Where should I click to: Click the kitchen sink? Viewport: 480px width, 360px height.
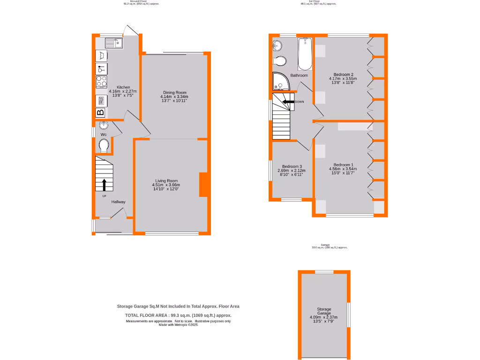pos(113,44)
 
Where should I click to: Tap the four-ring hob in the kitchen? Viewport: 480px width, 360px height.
pos(102,82)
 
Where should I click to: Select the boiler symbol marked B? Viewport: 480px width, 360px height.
pos(101,112)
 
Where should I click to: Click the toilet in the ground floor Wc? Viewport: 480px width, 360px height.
pos(104,145)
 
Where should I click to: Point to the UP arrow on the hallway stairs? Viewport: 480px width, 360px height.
pos(104,184)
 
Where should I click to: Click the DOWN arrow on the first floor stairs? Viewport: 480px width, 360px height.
pos(287,101)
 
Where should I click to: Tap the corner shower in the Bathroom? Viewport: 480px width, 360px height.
pos(280,82)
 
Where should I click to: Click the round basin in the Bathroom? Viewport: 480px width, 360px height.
pos(277,45)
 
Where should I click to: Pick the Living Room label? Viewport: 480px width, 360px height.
pos(167,180)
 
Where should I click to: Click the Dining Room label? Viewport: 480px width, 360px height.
pos(174,93)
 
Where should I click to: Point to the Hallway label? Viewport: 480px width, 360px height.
pos(118,202)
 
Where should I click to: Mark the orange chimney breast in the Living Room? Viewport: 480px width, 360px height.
pos(203,185)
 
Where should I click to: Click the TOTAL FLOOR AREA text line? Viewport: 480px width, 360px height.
pos(178,315)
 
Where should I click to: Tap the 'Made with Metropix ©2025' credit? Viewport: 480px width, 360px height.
pos(178,325)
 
